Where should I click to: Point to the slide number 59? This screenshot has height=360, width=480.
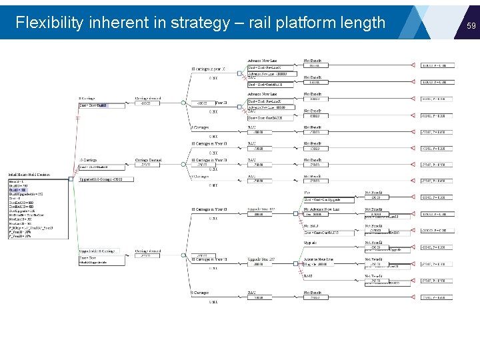coord(471,25)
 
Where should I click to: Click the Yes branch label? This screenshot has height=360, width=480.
coord(307,193)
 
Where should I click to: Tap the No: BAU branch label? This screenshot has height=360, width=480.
coord(311,226)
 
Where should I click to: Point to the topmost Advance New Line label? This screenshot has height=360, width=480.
coord(263,61)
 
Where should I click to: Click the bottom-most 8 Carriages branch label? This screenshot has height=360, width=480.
coord(201,292)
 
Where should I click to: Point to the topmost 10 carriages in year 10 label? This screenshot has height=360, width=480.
coord(209,69)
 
